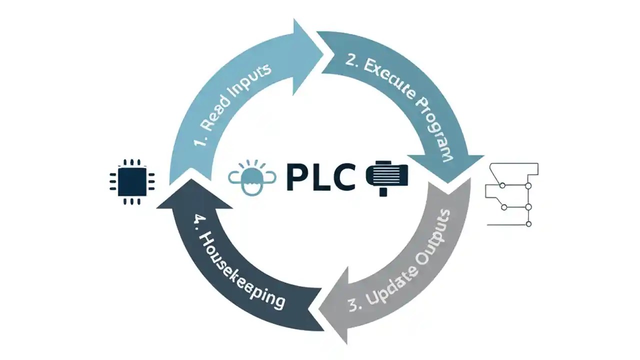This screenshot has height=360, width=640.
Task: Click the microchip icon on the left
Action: (132, 181)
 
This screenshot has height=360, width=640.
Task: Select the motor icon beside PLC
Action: (387, 177)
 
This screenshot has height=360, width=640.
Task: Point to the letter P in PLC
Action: (298, 178)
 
